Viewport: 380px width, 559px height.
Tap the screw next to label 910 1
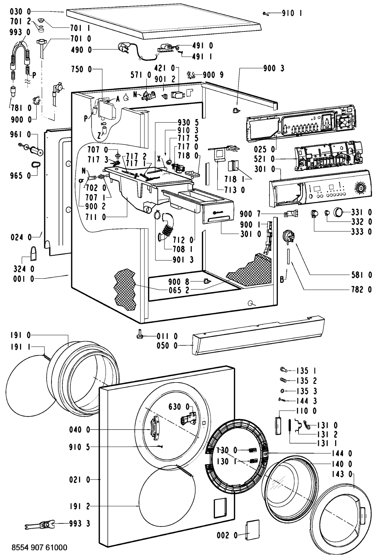coord(265,14)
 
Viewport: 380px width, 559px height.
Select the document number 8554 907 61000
coord(39,548)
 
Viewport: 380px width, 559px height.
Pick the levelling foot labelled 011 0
coord(140,334)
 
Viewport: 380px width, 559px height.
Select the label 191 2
coord(78,506)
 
